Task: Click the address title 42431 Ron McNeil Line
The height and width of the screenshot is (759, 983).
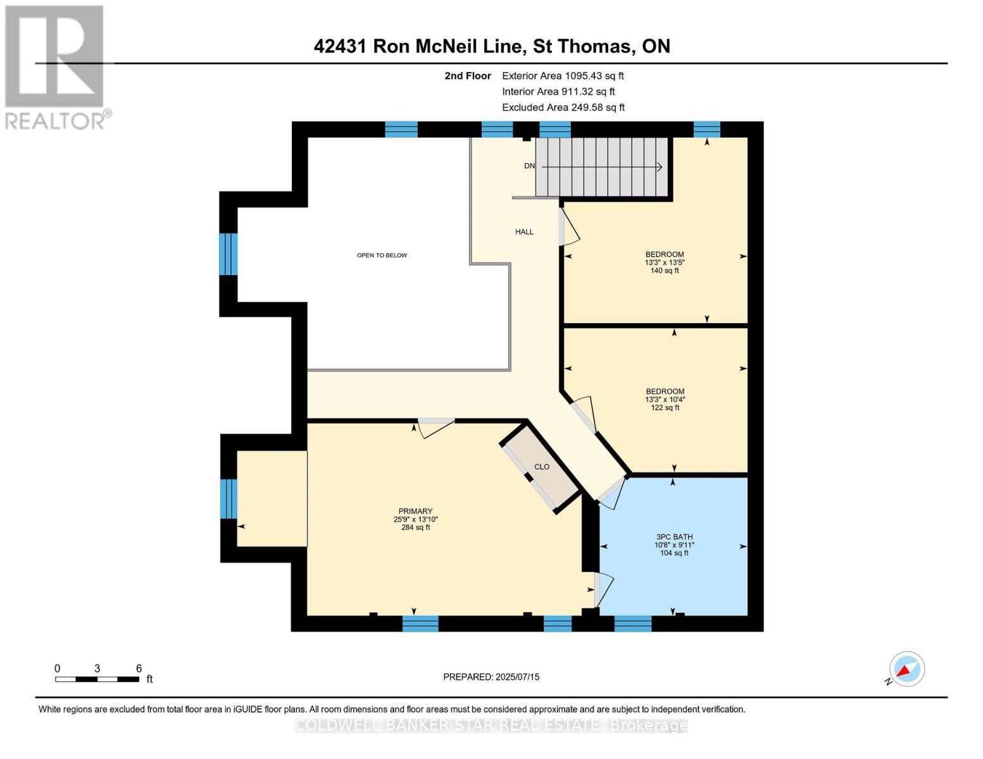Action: pyautogui.click(x=491, y=46)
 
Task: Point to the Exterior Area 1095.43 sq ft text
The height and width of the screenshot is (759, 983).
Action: pyautogui.click(x=563, y=76)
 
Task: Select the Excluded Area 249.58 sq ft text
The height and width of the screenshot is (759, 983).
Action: pyautogui.click(x=563, y=108)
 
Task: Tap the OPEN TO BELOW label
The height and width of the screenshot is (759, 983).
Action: pyautogui.click(x=382, y=256)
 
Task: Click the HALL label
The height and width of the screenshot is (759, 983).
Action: pyautogui.click(x=524, y=232)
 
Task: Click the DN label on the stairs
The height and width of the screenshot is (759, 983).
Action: pyautogui.click(x=529, y=166)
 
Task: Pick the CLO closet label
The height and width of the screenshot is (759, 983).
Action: pyautogui.click(x=542, y=467)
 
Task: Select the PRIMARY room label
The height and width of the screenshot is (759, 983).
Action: pyautogui.click(x=415, y=511)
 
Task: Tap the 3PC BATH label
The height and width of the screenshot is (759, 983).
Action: pyautogui.click(x=675, y=536)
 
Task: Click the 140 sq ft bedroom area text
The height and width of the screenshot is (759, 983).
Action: pyautogui.click(x=665, y=271)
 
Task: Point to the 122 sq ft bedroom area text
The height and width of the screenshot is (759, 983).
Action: pyautogui.click(x=665, y=408)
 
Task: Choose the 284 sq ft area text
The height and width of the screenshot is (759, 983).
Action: pyautogui.click(x=415, y=528)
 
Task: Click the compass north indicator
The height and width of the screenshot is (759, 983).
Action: pyautogui.click(x=906, y=669)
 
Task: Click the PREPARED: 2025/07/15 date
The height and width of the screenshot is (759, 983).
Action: pyautogui.click(x=491, y=677)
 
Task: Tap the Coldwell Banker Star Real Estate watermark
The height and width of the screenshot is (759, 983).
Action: pyautogui.click(x=491, y=725)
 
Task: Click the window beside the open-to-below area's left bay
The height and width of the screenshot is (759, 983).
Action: pyautogui.click(x=228, y=254)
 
